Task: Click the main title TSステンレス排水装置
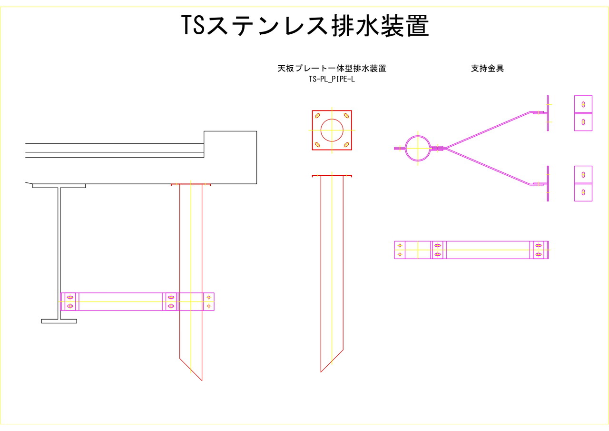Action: [x=305, y=26]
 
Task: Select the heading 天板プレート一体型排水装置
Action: [x=332, y=68]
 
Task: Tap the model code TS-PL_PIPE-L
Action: [x=332, y=79]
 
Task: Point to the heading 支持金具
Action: [x=487, y=68]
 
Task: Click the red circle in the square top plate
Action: [x=332, y=130]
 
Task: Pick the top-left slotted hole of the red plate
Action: [x=317, y=116]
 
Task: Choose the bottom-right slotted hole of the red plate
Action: [x=346, y=144]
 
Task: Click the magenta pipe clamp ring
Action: [x=418, y=148]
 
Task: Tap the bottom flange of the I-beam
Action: [x=59, y=321]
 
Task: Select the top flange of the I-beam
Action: [x=59, y=186]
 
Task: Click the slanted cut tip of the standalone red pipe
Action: [x=321, y=372]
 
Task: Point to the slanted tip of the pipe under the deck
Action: [x=202, y=381]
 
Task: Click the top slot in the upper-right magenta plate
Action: [x=583, y=104]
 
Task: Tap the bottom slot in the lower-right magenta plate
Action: [x=583, y=192]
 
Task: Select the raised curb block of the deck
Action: [x=230, y=158]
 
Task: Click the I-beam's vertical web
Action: [x=59, y=253]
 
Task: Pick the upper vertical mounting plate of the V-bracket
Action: [x=548, y=113]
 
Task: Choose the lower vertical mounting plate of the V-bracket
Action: [x=548, y=184]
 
